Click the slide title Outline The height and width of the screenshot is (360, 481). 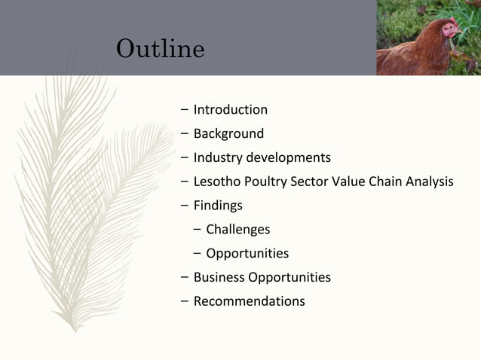(160, 49)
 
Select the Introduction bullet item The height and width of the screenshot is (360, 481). (230, 110)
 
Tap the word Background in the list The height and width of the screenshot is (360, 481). (228, 134)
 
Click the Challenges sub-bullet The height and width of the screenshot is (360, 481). (237, 230)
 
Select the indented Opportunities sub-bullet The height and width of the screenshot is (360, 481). (247, 254)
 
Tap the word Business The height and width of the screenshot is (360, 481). (219, 277)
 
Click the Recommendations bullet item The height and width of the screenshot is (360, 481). (249, 301)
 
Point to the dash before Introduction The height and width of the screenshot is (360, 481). (185, 110)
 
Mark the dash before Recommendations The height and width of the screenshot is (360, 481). (185, 301)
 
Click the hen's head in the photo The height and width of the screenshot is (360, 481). (450, 29)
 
